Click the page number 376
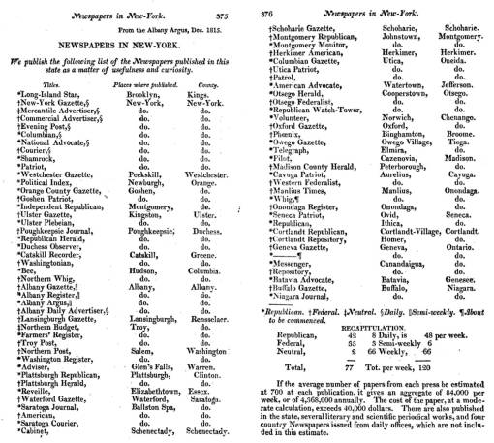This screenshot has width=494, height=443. pyautogui.click(x=262, y=8)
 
